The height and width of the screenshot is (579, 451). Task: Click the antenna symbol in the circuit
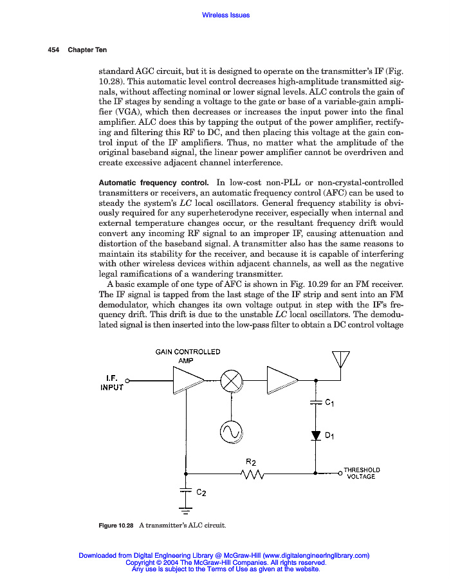click(x=340, y=360)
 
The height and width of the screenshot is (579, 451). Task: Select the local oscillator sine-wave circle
click(x=230, y=432)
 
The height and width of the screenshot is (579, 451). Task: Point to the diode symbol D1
click(x=316, y=436)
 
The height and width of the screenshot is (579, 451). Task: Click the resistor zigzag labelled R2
click(x=252, y=474)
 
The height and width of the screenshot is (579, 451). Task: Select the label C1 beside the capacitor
click(x=329, y=403)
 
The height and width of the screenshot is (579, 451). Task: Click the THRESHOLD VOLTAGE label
click(x=362, y=473)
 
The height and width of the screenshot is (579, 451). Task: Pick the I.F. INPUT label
click(x=111, y=383)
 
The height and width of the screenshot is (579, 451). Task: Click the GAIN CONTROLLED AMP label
click(x=188, y=356)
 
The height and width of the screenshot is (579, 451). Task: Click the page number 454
click(x=53, y=50)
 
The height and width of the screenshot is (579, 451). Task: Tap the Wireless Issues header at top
click(x=225, y=15)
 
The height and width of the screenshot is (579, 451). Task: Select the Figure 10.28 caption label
click(x=116, y=526)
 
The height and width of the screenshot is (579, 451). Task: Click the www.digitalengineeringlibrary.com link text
click(x=316, y=555)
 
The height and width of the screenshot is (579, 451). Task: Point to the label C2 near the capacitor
click(x=201, y=492)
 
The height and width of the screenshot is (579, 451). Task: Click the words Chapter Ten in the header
click(x=87, y=50)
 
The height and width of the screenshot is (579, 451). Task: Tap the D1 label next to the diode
click(x=329, y=436)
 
